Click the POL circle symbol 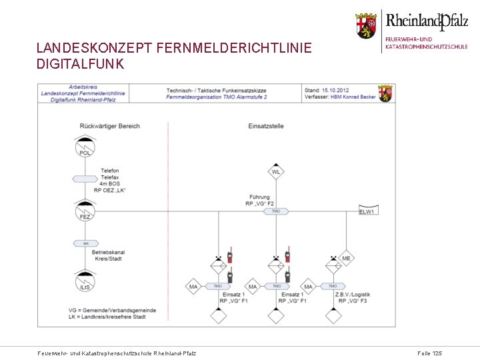pos(85,149)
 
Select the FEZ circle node pos(85,213)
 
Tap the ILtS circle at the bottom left pos(85,283)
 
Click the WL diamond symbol pos(276,172)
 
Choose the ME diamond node pos(346,259)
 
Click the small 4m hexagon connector pos(85,243)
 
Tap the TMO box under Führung pos(276,211)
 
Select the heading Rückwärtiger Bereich pos(109,126)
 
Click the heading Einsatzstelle pos(266,126)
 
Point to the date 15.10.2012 pos(335,90)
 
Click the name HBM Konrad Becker pos(347,97)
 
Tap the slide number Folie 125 pos(429,353)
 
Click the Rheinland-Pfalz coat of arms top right pos(365,25)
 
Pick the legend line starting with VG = pos(112,310)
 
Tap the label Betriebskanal pos(109,253)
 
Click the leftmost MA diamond pos(193,287)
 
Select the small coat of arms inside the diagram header pos(385,93)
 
